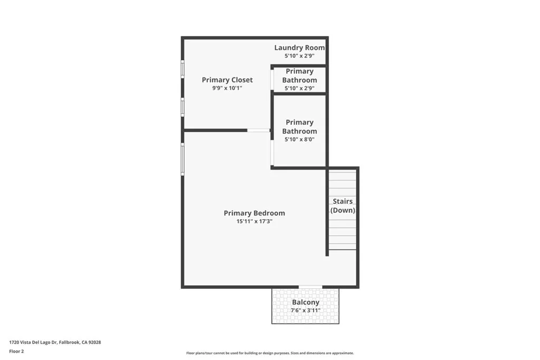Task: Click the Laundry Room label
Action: click(300, 47)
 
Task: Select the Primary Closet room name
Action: click(227, 80)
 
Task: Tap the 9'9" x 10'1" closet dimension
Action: click(227, 89)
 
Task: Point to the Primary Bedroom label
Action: click(254, 213)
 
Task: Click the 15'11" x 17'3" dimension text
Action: click(254, 222)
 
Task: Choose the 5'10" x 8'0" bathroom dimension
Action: click(300, 140)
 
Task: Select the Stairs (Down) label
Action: click(343, 206)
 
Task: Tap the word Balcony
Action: click(306, 303)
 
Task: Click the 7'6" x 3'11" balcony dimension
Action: click(306, 310)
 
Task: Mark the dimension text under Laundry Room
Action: click(300, 55)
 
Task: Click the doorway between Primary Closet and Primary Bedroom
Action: click(258, 130)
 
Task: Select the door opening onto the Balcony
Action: click(310, 287)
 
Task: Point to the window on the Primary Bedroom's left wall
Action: click(182, 159)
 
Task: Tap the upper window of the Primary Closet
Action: click(182, 69)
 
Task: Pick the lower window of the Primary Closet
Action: click(182, 107)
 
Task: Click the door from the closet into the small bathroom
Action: click(272, 80)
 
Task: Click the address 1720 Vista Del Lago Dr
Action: click(55, 342)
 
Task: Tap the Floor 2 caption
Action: click(16, 351)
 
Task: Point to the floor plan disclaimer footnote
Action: click(270, 353)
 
